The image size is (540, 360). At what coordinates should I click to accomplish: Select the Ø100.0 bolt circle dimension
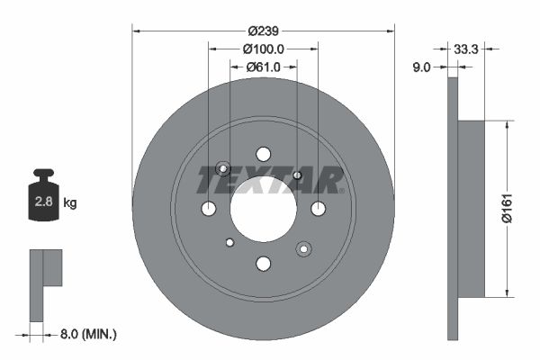pos(263,49)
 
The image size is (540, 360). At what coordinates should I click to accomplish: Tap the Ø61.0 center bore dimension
pos(263,67)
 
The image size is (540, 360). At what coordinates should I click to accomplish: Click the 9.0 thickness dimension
pos(421,66)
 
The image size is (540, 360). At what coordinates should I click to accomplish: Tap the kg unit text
pos(70,203)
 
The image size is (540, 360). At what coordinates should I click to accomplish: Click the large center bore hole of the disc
pos(263,209)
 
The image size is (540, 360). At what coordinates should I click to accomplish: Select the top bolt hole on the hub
pos(263,154)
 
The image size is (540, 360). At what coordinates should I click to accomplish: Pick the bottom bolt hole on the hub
pos(263,264)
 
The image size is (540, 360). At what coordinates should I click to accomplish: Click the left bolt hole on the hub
pos(208,209)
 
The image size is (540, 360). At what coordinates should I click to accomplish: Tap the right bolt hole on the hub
pos(318,209)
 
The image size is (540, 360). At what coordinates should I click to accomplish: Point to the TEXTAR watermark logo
pos(270,180)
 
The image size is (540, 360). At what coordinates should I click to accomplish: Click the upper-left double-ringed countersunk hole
pos(223,169)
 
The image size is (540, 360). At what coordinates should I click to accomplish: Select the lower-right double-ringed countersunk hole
pos(303,248)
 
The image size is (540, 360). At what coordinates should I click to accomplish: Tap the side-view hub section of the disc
pos(471,208)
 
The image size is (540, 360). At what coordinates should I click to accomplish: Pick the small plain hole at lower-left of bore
pos(229,242)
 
